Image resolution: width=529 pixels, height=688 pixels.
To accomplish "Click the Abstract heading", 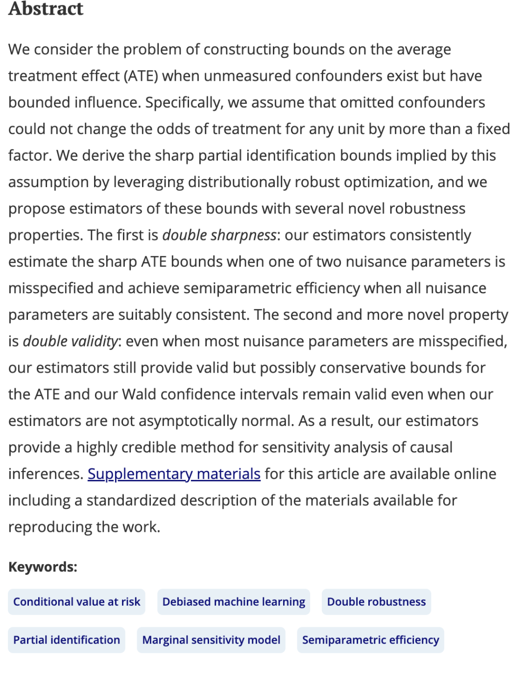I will point(46,9).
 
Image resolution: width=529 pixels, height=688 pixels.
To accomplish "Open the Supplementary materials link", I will point(174,474).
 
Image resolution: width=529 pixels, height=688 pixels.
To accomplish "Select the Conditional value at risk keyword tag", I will point(76,602).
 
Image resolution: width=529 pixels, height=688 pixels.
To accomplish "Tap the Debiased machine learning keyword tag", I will point(234,602).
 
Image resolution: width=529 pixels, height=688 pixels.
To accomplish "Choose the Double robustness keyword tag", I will point(376,602).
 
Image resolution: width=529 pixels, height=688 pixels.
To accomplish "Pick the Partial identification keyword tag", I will point(67,640).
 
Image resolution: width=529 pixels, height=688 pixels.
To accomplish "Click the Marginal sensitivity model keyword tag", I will point(211,640).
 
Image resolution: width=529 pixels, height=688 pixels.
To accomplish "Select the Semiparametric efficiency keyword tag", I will point(370,640).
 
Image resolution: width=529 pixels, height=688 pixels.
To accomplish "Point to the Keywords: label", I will point(43,567).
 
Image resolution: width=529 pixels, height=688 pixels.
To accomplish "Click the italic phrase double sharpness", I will point(219,235).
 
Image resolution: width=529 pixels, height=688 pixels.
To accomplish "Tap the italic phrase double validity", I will point(71,341).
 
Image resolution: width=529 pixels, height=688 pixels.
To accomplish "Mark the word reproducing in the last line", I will point(50,527).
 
